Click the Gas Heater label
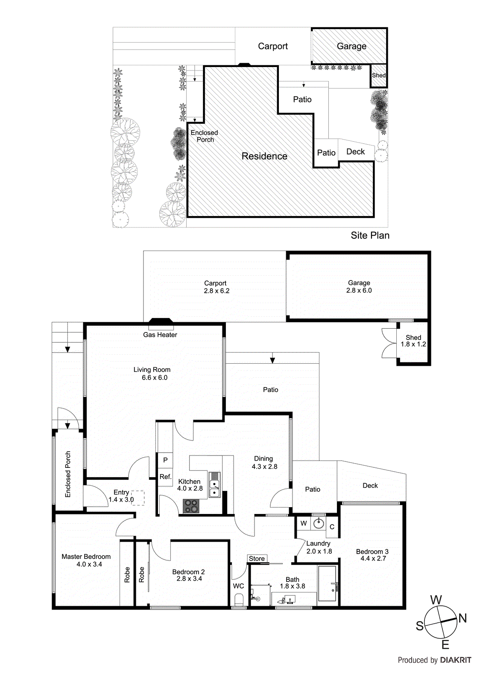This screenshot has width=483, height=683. point(160,335)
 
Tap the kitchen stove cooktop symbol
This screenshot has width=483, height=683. point(191,506)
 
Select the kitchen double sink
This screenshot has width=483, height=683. point(214,485)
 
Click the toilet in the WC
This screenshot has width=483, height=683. point(239,600)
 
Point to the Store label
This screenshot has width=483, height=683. point(257,558)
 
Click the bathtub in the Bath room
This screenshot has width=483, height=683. point(328,584)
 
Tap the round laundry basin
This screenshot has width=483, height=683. point(319,523)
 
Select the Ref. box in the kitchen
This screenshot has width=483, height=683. point(165,477)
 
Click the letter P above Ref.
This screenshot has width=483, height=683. point(165,460)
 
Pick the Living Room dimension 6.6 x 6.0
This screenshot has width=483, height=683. point(155,378)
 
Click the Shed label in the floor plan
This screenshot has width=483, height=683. point(413,337)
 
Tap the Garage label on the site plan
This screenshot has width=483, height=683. point(351,46)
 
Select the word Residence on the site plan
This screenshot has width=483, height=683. point(264,156)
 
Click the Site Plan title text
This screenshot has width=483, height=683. point(370,235)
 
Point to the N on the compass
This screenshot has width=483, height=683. point(463,618)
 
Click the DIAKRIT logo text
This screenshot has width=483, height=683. point(456,660)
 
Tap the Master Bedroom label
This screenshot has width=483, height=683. point(86,557)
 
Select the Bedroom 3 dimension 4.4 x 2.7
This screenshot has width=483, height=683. point(373,558)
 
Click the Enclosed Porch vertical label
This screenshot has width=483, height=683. point(67,474)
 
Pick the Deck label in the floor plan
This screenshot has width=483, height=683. point(370,486)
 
